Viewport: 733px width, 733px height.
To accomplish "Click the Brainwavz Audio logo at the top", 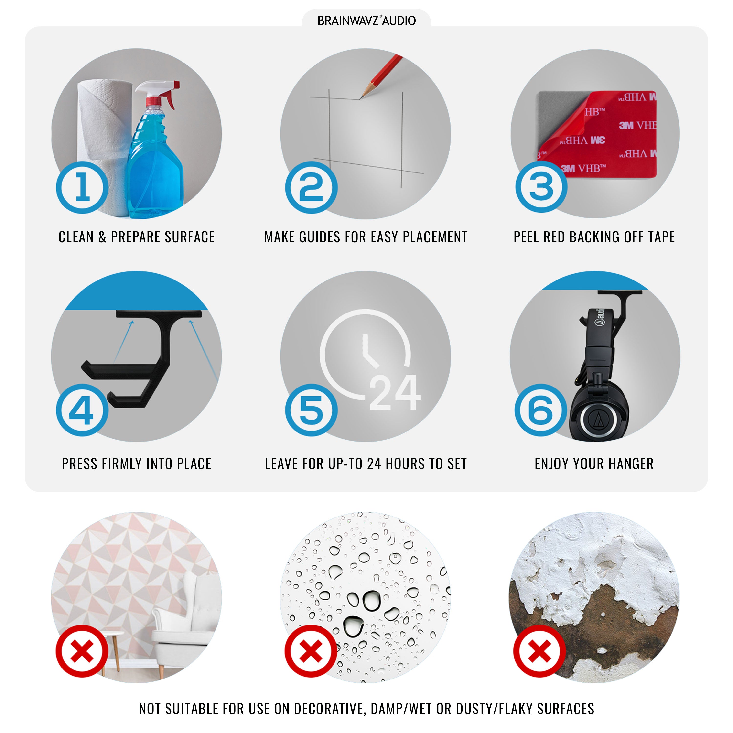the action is click(366, 21).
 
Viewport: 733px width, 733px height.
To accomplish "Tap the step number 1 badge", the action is click(82, 187).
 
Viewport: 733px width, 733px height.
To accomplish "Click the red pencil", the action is click(381, 76).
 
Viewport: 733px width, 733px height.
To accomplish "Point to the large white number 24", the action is click(395, 393).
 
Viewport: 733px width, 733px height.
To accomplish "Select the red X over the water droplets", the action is click(311, 651).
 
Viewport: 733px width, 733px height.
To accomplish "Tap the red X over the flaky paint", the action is click(539, 651).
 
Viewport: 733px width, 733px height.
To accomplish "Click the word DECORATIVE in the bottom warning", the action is click(330, 709).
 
